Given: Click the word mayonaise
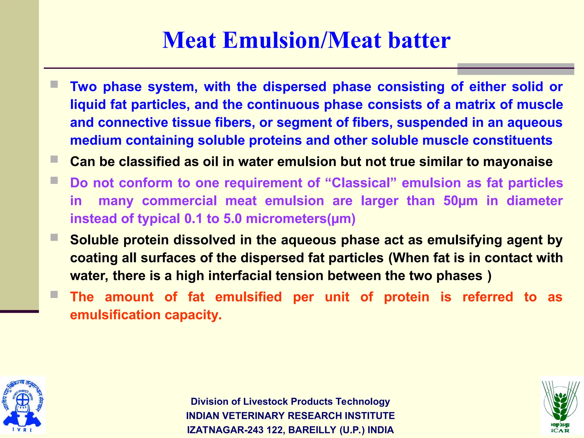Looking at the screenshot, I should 518,162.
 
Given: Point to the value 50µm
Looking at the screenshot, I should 460,201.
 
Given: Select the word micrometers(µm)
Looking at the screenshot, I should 301,219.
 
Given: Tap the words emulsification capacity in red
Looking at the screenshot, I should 146,315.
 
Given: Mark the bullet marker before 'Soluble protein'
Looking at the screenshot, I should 54,237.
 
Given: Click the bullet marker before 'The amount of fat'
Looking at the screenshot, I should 54,294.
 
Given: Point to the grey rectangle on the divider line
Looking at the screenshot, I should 515,69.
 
